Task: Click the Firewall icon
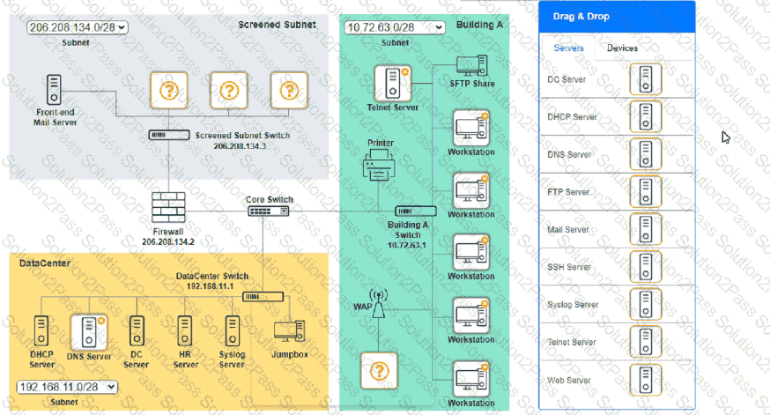coord(167,208)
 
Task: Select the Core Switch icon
coord(262,211)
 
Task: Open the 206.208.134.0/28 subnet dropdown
coord(77,27)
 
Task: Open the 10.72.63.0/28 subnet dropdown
coord(394,27)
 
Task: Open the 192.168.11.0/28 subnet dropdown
coord(68,386)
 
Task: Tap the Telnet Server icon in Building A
coord(391,83)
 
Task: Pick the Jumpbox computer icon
coord(289,330)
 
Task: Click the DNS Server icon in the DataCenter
coord(89,332)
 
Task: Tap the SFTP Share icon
coord(470,66)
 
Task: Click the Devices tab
coord(623,48)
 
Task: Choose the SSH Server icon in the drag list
coord(646,267)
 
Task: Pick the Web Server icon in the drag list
coord(646,380)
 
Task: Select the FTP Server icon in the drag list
coord(646,192)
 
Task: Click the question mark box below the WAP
coord(380,371)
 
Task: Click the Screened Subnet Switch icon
coord(168,135)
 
